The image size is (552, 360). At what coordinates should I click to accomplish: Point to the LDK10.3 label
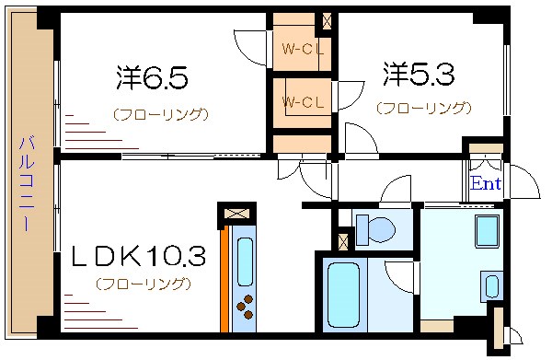pyautogui.click(x=138, y=255)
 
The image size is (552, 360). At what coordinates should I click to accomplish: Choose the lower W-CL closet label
pyautogui.click(x=301, y=100)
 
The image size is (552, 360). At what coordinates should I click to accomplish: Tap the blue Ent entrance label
pyautogui.click(x=485, y=183)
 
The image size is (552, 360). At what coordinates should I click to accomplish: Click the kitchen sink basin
pyautogui.click(x=245, y=261)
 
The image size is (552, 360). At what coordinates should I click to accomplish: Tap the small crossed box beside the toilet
pyautogui.click(x=342, y=242)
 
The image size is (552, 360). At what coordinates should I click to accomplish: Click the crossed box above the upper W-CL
pyautogui.click(x=323, y=18)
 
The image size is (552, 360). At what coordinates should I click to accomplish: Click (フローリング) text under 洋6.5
pyautogui.click(x=161, y=115)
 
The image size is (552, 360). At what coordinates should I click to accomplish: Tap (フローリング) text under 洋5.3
pyautogui.click(x=423, y=108)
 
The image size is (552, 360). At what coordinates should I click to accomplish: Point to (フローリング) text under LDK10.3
pyautogui.click(x=143, y=283)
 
